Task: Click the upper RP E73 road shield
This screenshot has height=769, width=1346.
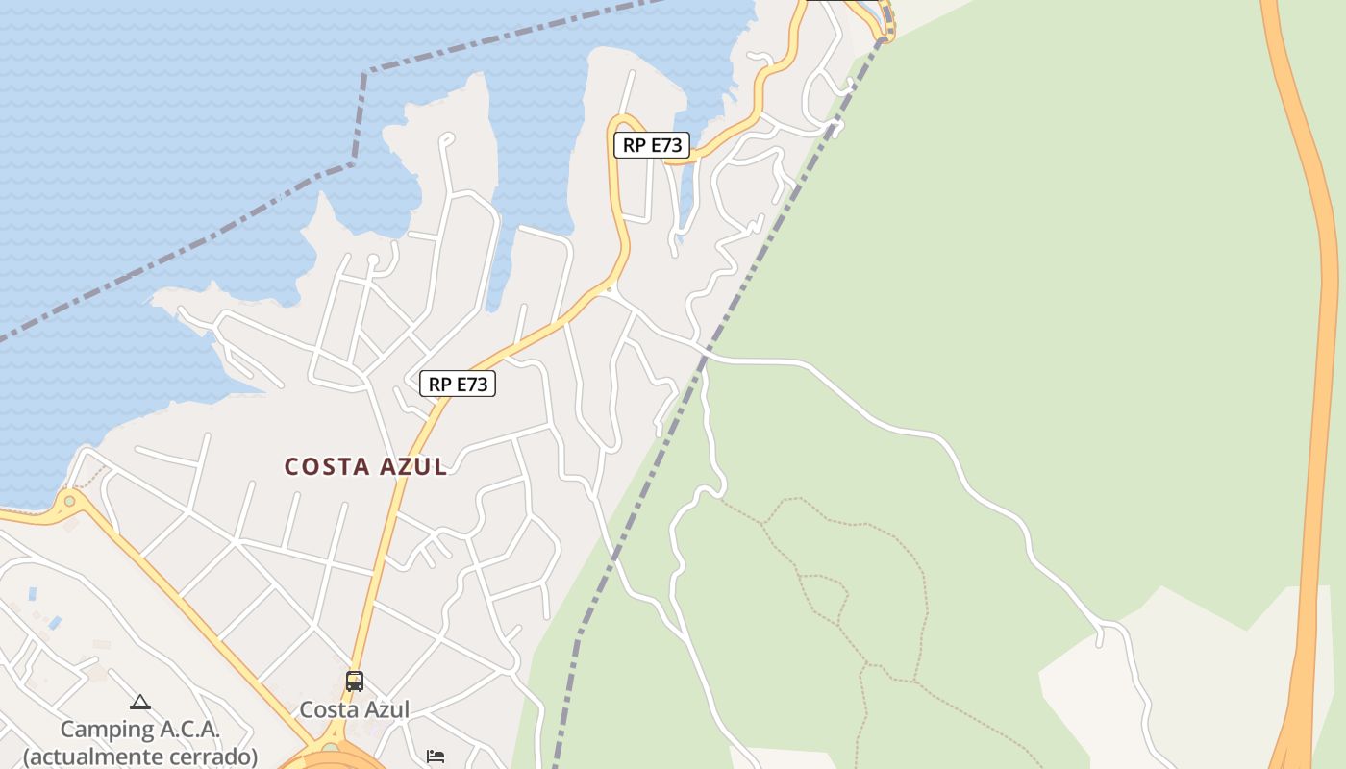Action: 652,145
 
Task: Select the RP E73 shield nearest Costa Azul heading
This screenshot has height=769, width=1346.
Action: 458,384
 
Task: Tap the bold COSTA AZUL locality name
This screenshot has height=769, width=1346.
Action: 365,467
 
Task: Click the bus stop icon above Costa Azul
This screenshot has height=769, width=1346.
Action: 355,682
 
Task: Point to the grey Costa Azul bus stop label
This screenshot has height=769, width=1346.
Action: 355,709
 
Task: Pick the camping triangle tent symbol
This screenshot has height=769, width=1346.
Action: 140,703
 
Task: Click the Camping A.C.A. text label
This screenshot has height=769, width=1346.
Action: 140,730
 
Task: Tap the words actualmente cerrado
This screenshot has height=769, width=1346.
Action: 140,757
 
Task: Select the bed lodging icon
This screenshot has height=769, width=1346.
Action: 436,757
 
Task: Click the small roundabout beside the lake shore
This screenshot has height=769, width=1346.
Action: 69,501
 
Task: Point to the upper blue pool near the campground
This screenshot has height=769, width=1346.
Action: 33,593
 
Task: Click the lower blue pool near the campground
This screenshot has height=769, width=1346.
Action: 55,623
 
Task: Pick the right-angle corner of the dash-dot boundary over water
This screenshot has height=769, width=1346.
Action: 364,73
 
